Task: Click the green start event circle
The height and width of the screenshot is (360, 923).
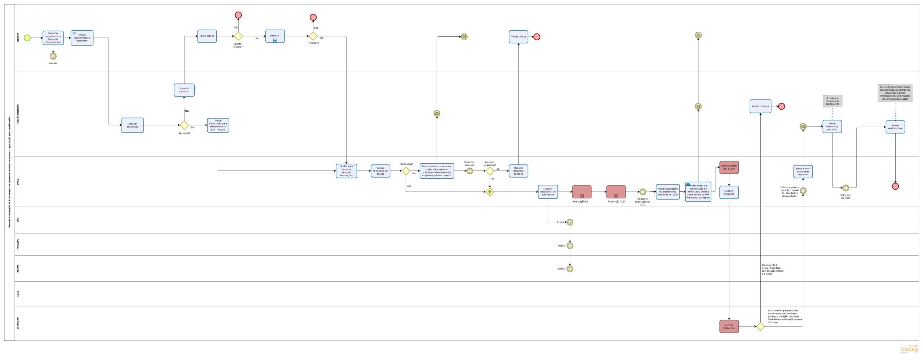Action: (27, 38)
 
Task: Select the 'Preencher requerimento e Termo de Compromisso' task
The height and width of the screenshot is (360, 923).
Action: (53, 38)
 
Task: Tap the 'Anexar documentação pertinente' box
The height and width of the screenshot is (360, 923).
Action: (82, 38)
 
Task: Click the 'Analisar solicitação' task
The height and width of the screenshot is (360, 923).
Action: (132, 125)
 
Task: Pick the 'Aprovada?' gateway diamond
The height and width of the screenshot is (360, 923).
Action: (184, 125)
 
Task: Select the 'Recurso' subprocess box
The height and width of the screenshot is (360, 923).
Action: (275, 36)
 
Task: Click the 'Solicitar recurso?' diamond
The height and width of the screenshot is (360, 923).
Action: (238, 36)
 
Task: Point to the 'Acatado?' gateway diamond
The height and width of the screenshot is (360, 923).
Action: (313, 36)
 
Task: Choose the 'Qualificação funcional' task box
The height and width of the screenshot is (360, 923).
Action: (346, 171)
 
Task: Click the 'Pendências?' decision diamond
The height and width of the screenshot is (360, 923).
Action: (406, 171)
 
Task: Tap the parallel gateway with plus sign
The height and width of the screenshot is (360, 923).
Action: (489, 192)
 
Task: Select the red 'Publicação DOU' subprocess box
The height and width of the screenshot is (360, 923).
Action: (616, 192)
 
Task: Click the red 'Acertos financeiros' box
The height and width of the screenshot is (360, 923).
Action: (729, 326)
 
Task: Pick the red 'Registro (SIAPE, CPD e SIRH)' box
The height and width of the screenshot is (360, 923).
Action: (729, 168)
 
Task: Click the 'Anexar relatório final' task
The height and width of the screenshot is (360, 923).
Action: (895, 127)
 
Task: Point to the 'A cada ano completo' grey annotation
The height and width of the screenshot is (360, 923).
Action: (832, 101)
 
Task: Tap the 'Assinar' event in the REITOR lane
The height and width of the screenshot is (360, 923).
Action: (570, 269)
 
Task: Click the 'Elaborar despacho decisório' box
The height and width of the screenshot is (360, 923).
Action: (518, 171)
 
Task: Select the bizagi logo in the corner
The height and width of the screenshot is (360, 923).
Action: (909, 349)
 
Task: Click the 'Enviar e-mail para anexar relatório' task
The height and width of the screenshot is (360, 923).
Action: (803, 172)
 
